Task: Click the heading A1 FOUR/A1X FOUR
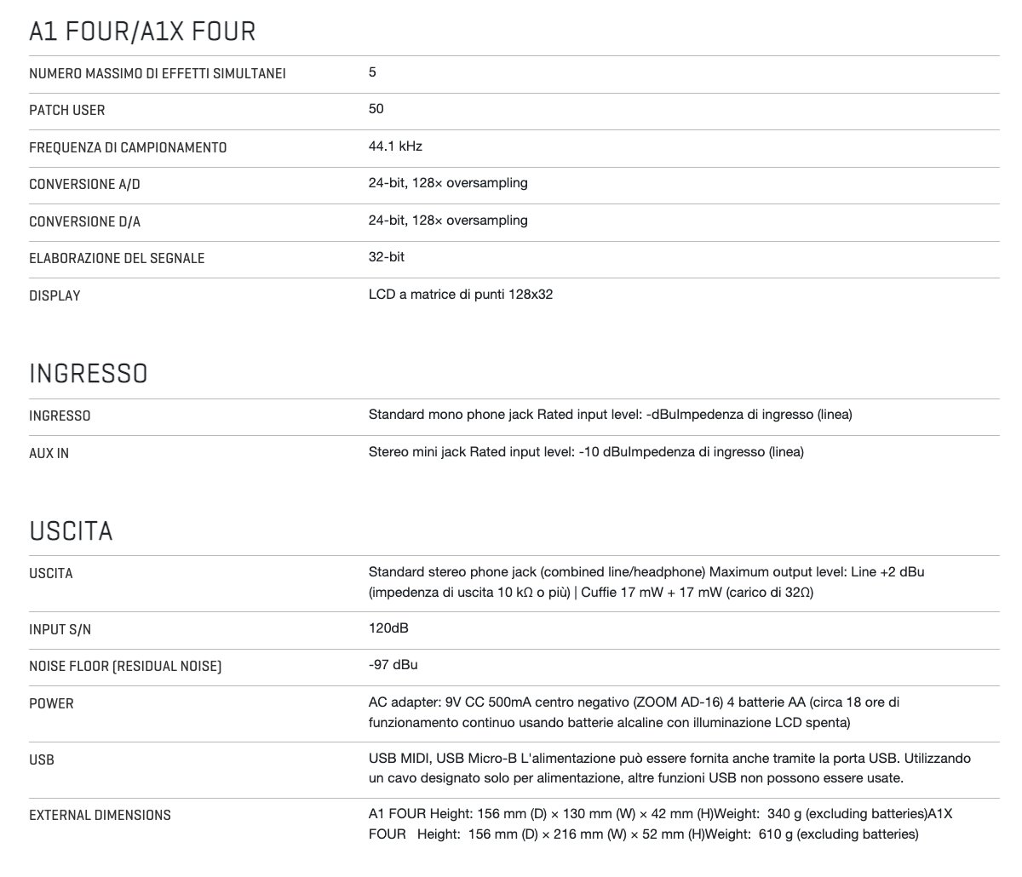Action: point(141,32)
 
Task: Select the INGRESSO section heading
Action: point(88,374)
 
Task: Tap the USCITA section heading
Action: point(71,531)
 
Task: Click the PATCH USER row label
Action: point(67,111)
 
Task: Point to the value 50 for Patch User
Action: point(376,109)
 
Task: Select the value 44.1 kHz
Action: point(395,146)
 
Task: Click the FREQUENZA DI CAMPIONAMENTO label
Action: point(128,148)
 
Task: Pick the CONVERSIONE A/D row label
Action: point(84,185)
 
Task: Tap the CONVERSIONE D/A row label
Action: point(84,221)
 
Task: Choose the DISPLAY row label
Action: point(55,296)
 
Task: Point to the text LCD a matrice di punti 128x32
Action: point(461,295)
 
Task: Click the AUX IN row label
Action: point(49,454)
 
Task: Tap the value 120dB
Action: point(388,628)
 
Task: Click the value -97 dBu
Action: point(393,665)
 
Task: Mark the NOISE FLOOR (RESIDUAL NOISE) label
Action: point(125,667)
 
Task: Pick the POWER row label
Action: point(51,704)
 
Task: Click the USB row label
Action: point(42,759)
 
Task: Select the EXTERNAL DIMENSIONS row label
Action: point(100,816)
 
